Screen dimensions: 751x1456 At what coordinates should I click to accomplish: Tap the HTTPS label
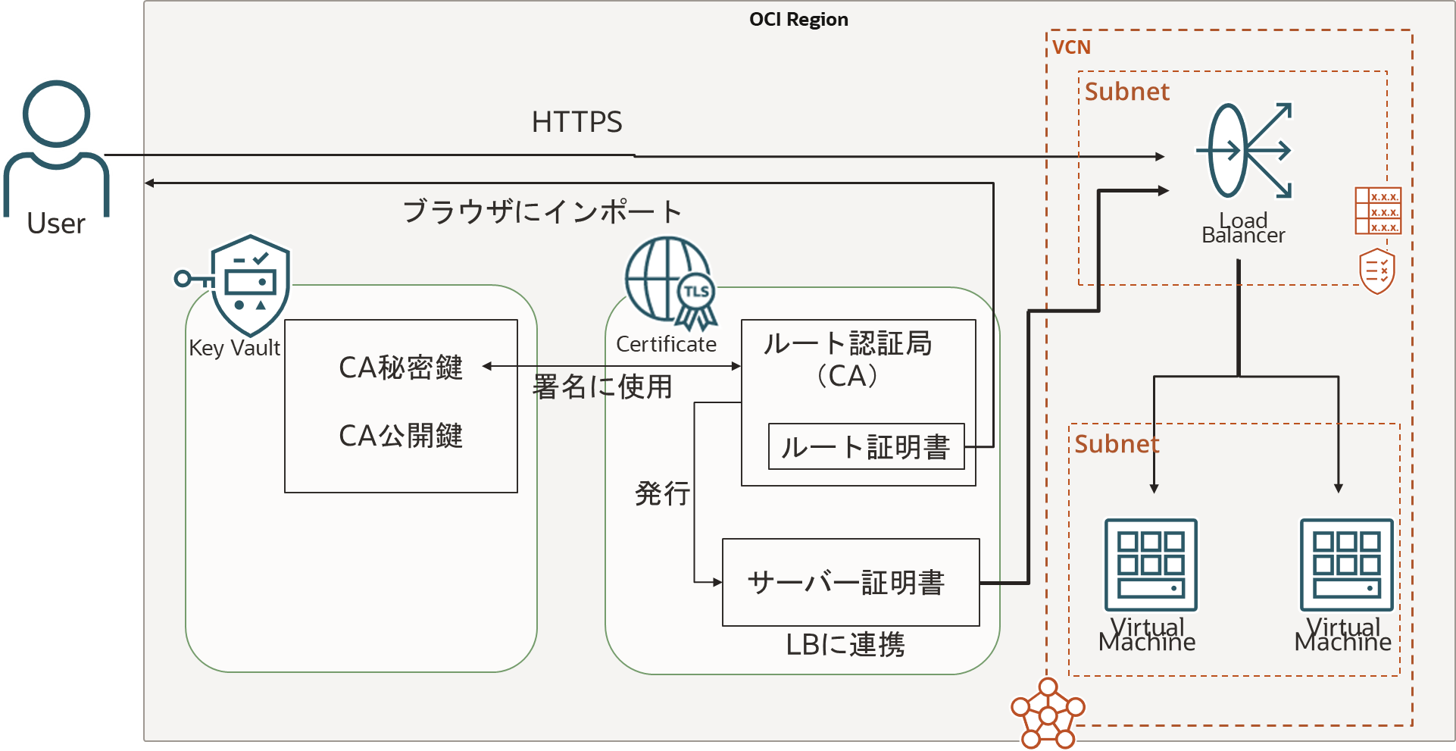point(576,122)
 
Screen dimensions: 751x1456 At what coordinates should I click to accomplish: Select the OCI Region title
point(798,20)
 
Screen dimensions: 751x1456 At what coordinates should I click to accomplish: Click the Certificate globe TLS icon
point(670,283)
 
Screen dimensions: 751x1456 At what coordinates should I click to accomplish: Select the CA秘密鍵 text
point(400,368)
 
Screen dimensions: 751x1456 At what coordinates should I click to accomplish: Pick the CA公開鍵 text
point(400,436)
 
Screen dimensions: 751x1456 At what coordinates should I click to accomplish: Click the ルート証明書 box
point(866,446)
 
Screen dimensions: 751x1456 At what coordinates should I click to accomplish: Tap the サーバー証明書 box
point(850,582)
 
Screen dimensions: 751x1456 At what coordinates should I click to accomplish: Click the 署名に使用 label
point(602,386)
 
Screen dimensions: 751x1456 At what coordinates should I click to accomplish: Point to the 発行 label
point(662,493)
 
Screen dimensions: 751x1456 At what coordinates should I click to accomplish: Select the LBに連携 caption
point(845,644)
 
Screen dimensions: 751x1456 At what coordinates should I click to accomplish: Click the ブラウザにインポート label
point(542,211)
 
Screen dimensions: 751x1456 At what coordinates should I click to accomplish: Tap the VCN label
point(1071,48)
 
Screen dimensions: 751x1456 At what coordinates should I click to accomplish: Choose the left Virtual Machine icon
point(1151,565)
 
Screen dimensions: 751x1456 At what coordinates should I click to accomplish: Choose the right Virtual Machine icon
point(1346,565)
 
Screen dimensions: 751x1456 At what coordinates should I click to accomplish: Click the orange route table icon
point(1378,211)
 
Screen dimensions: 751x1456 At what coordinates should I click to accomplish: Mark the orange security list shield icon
point(1377,271)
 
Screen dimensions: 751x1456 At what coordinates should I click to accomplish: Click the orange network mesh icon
point(1048,714)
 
